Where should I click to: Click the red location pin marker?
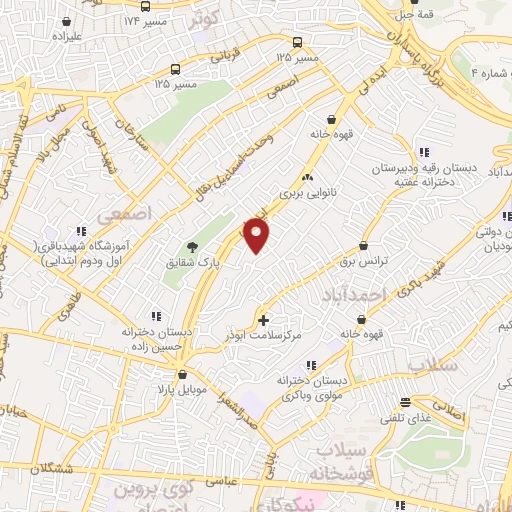[257, 236]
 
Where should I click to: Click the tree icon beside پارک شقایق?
[192, 247]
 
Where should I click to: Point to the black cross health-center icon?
[264, 321]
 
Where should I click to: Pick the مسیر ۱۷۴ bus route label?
[144, 20]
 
